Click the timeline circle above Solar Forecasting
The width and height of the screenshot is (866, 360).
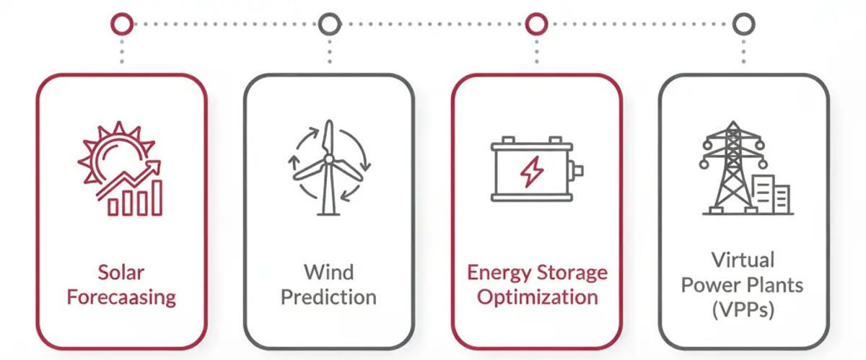coord(122,24)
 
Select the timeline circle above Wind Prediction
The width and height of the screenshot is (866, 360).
coord(329,24)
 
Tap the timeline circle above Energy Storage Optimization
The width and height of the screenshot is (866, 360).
coord(536,24)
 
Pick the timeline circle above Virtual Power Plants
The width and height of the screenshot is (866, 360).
coord(743,24)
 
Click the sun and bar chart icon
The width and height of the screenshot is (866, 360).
coord(121,169)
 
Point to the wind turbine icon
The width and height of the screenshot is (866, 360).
coord(328,167)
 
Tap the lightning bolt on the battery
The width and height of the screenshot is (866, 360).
coord(533,172)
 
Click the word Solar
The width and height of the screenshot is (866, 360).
coord(121,273)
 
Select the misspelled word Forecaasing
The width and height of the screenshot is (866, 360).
coord(121,297)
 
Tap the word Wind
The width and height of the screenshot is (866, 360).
coord(328,273)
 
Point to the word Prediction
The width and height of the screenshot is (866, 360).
coord(328,297)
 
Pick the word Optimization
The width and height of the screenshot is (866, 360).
coord(537,297)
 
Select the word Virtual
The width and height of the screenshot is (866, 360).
coord(743,260)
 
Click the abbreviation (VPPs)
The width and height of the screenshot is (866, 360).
coord(743,310)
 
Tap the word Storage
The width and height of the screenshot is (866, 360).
coord(572,273)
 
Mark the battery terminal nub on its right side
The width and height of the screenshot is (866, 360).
coord(577,171)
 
